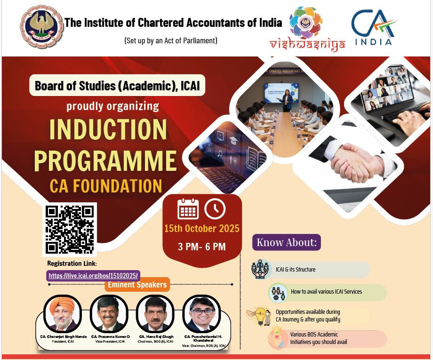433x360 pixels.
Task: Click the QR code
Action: tap(70, 230)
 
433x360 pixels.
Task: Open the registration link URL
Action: tap(94, 276)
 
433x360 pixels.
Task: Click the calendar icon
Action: tap(188, 209)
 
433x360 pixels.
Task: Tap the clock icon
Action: tap(215, 209)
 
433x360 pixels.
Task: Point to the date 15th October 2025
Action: tap(201, 229)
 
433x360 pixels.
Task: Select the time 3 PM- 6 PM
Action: tap(201, 247)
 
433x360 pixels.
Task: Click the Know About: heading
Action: tap(286, 243)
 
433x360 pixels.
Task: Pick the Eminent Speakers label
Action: tap(137, 285)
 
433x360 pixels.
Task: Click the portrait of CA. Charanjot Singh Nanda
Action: tap(62, 314)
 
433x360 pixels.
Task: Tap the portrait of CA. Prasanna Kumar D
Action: tap(109, 314)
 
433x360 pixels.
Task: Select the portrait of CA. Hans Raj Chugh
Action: tap(155, 314)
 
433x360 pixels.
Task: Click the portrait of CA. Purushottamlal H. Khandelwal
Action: tap(201, 314)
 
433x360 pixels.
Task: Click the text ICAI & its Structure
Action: tap(296, 270)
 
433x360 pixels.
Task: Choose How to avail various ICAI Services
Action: tap(326, 292)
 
